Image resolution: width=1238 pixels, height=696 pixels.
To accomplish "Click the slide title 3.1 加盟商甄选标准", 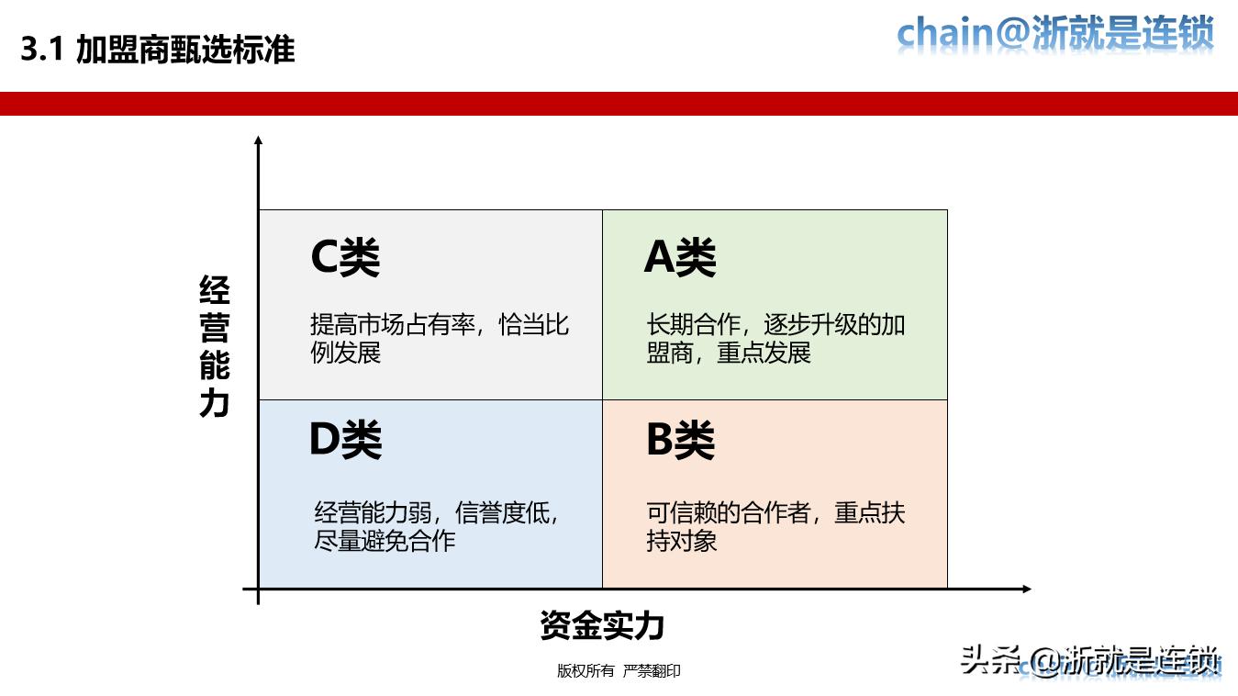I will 158,50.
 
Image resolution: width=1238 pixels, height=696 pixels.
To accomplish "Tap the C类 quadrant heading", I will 345,258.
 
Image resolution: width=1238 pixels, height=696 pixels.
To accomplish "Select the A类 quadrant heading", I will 680,258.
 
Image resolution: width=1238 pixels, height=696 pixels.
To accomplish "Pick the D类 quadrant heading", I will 345,441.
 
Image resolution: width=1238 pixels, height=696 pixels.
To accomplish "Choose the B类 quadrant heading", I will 680,441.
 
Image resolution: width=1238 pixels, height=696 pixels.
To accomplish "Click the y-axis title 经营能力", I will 215,346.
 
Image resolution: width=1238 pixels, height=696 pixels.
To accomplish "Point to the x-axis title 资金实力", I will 602,625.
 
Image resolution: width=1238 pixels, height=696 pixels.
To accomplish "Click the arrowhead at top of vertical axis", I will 259,141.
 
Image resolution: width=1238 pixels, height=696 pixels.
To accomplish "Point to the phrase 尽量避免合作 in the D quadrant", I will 385,540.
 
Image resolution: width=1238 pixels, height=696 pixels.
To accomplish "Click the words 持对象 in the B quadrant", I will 682,540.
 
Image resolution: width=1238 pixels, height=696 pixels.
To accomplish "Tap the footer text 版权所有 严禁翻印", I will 619,671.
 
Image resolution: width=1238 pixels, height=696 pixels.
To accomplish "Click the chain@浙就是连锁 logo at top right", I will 1055,34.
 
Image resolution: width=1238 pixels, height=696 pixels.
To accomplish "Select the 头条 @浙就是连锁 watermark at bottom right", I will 1090,660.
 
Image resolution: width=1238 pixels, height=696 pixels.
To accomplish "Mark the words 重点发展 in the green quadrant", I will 764,354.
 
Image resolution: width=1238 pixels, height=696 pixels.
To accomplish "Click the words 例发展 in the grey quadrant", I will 345,354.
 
